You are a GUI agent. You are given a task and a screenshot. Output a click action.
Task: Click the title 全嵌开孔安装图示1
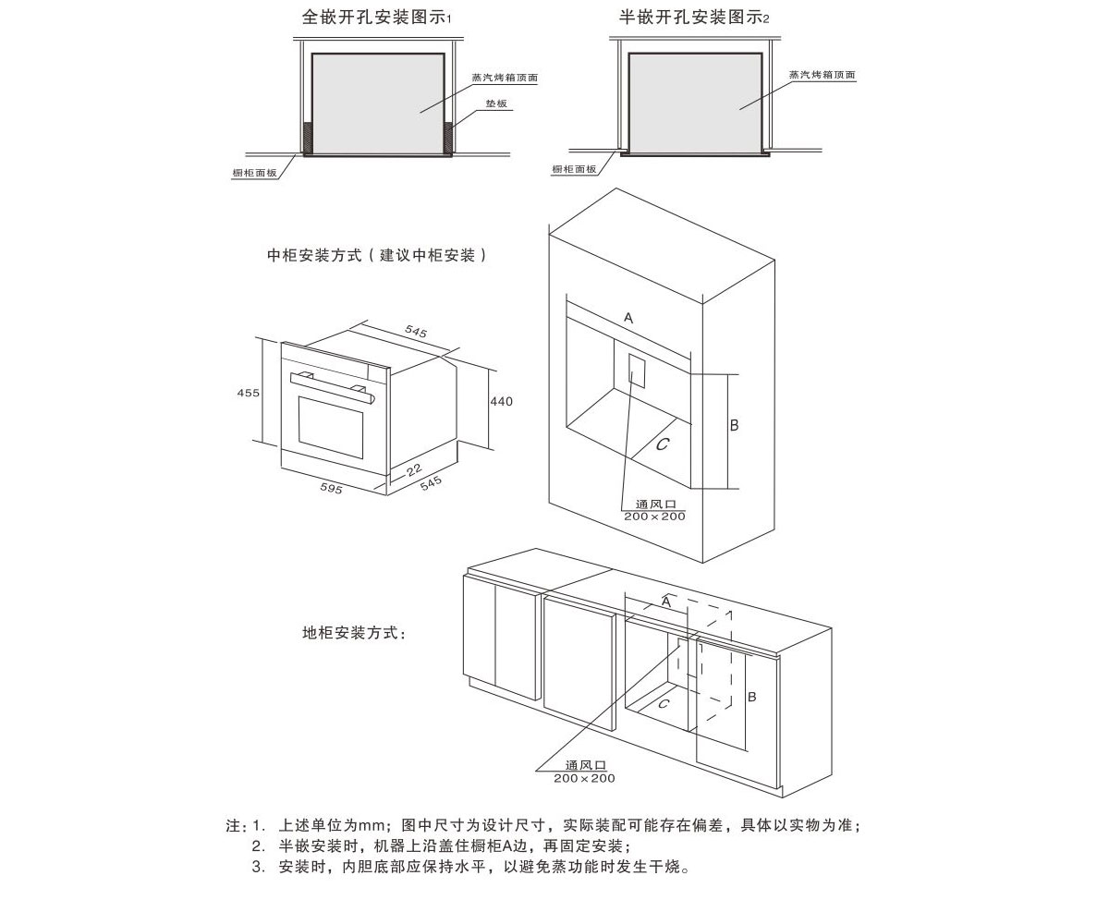(x=376, y=18)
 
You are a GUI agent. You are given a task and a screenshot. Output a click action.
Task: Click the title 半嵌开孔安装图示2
(x=694, y=18)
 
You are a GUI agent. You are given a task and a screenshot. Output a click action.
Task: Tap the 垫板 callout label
(x=496, y=104)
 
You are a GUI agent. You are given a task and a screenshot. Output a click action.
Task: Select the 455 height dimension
(x=249, y=393)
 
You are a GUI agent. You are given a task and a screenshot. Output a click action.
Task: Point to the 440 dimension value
(x=501, y=401)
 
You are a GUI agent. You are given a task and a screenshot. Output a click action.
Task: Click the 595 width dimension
(x=331, y=489)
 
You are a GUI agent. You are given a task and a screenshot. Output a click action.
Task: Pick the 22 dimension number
(x=413, y=470)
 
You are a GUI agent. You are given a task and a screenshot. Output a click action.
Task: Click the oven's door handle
(x=333, y=385)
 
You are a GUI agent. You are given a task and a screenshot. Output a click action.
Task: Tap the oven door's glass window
(x=334, y=430)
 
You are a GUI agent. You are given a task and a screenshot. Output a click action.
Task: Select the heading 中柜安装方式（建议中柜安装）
(x=376, y=256)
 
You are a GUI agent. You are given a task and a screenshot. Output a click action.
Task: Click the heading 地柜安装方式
(x=354, y=633)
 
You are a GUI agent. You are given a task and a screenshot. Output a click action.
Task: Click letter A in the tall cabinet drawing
(x=628, y=318)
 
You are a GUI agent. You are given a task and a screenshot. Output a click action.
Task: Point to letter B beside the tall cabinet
(x=735, y=425)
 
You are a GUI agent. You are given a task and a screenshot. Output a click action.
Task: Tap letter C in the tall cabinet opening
(x=662, y=444)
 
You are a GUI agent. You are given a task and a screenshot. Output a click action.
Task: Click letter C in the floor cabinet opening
(x=664, y=704)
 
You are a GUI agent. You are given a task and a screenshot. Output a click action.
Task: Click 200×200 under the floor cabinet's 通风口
(x=584, y=778)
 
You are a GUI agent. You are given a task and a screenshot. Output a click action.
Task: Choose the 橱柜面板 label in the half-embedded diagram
(x=574, y=169)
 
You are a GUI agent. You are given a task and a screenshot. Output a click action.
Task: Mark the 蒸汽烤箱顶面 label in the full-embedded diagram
(x=505, y=78)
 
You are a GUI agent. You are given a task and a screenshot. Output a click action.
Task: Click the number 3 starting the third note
(x=258, y=867)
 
